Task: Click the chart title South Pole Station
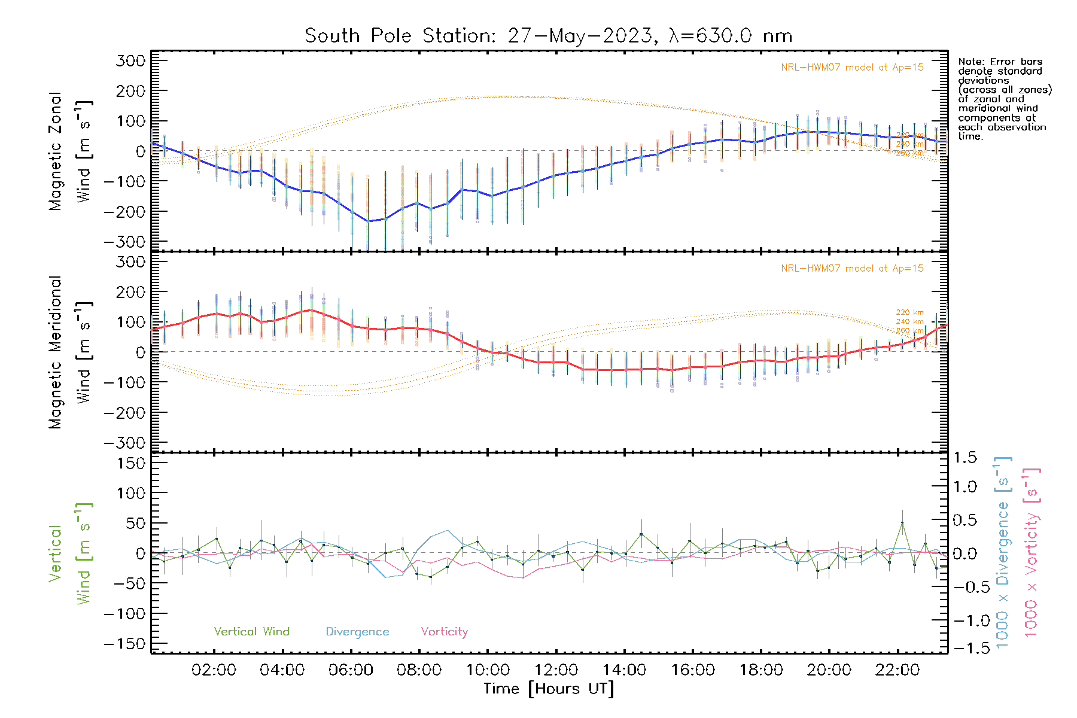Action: point(548,36)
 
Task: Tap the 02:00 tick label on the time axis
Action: point(214,670)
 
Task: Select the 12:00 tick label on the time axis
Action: point(556,670)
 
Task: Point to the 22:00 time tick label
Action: point(897,670)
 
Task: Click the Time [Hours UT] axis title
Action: point(549,689)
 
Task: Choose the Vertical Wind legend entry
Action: point(251,631)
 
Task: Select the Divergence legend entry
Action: point(357,631)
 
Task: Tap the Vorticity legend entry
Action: point(444,631)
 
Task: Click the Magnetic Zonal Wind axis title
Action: point(70,151)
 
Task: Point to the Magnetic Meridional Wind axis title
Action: point(70,352)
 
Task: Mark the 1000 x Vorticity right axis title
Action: point(1031,552)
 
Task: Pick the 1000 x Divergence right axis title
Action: point(1003,552)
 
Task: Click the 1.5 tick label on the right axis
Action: point(965,458)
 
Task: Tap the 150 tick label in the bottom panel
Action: point(132,463)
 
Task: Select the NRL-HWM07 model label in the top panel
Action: point(852,68)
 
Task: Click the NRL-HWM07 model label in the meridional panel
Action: point(852,269)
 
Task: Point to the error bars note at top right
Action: point(1004,99)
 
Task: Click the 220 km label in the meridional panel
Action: point(909,312)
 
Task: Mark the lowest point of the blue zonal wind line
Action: point(368,221)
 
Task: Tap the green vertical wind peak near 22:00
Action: point(902,523)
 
